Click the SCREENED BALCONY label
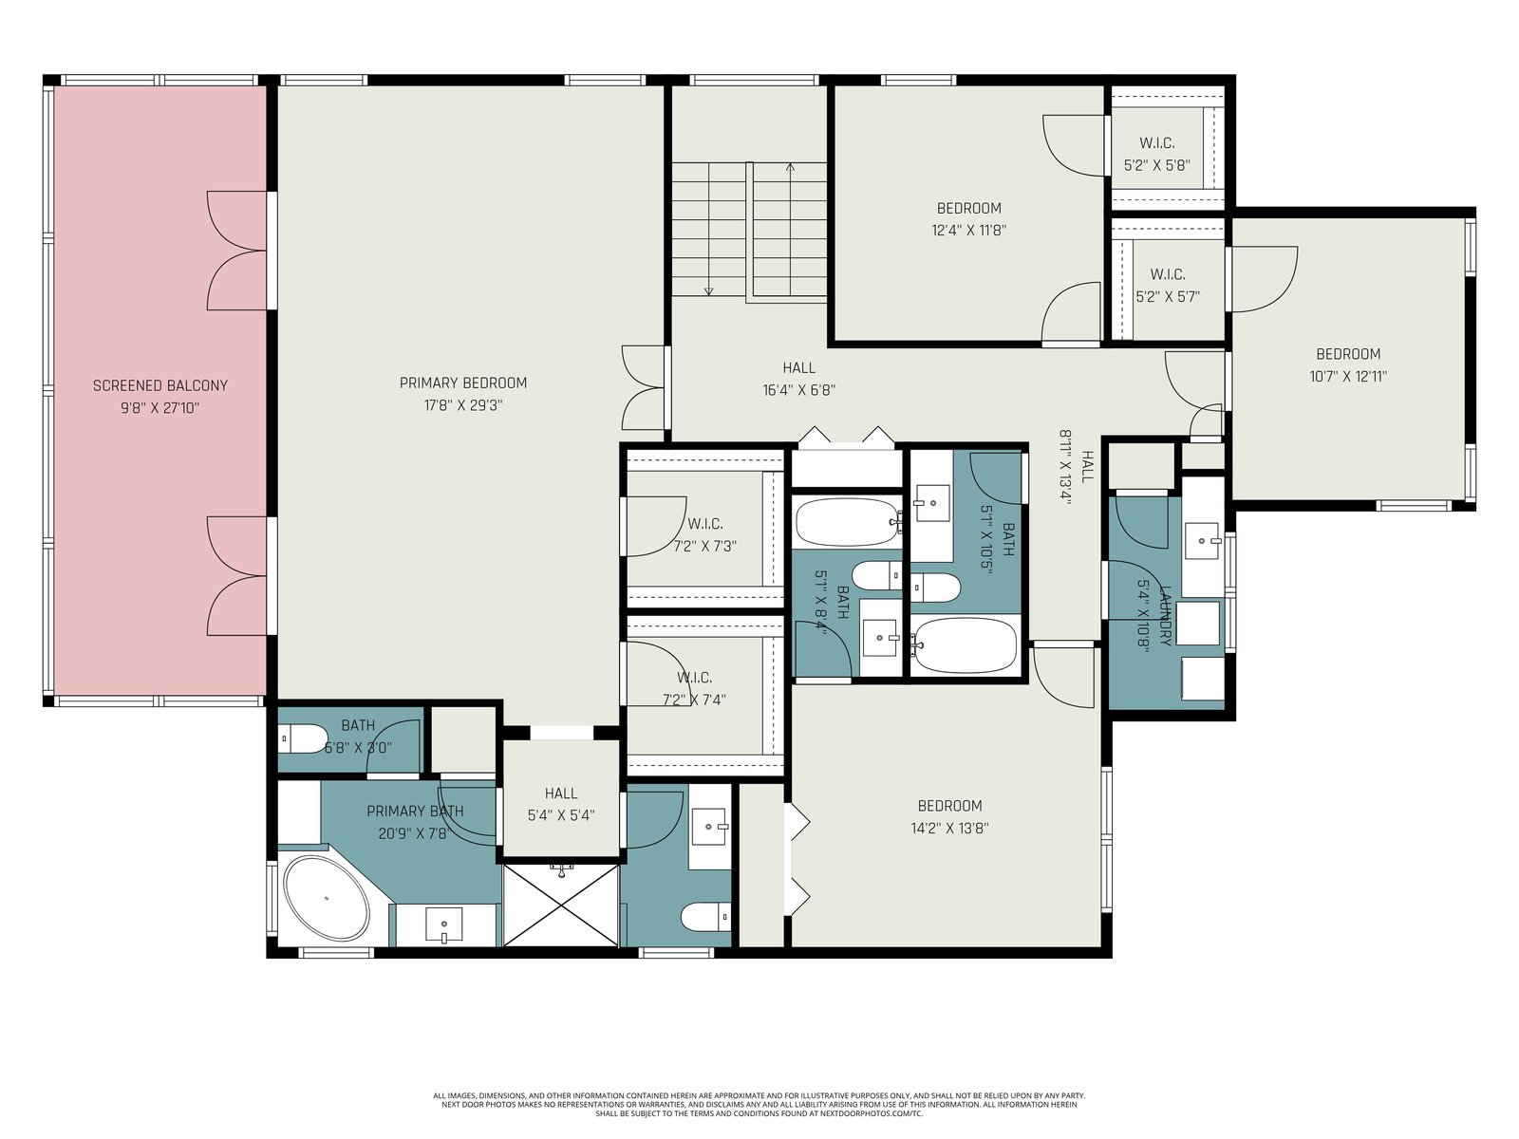159,385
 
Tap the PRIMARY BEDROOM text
463,383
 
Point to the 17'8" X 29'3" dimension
463,405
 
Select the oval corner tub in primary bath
327,898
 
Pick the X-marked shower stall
560,905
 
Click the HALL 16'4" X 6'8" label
799,379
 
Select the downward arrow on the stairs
708,229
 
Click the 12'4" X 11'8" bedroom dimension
969,231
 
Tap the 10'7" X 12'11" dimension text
1348,377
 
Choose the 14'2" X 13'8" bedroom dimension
949,828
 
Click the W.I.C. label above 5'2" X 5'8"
1157,143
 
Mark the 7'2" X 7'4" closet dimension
694,700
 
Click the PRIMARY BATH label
415,811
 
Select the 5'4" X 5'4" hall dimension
560,815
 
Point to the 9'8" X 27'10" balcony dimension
159,408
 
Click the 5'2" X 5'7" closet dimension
1168,297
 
